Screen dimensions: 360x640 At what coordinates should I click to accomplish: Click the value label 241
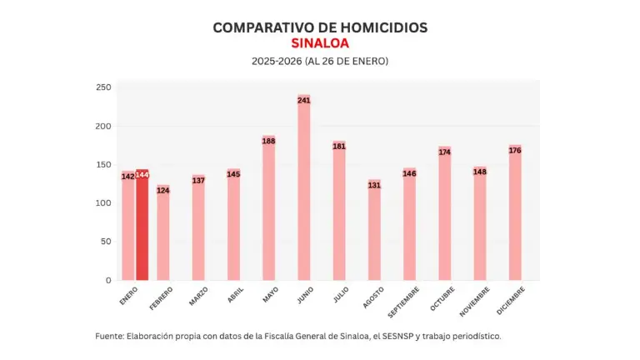pyautogui.click(x=303, y=101)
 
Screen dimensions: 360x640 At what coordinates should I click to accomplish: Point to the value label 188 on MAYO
pyautogui.click(x=268, y=141)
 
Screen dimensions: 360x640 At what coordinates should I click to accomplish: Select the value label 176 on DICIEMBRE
pyautogui.click(x=514, y=150)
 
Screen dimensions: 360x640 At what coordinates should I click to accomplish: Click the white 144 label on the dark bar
pyautogui.click(x=142, y=175)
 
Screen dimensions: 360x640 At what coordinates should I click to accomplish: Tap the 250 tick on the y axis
pyautogui.click(x=103, y=87)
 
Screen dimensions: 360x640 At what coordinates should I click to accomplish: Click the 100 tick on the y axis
pyautogui.click(x=103, y=203)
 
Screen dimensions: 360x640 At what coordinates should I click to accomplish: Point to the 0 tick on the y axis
pyautogui.click(x=107, y=281)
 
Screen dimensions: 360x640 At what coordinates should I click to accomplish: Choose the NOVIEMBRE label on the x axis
pyautogui.click(x=474, y=302)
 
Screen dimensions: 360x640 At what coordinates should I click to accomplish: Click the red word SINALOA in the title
pyautogui.click(x=320, y=43)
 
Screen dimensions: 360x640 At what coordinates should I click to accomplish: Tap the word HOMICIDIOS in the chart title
pyautogui.click(x=382, y=27)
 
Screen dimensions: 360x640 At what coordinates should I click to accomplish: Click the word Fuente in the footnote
pyautogui.click(x=108, y=336)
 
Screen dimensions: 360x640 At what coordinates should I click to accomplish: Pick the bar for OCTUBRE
pyautogui.click(x=444, y=217)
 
